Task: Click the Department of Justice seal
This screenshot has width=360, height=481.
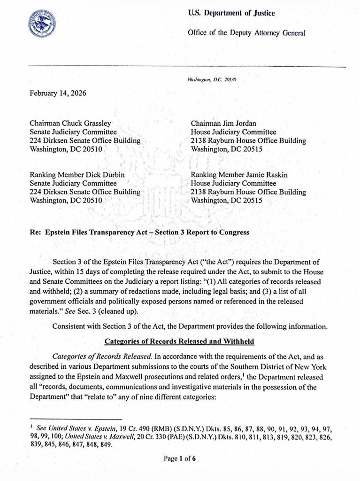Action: click(42, 24)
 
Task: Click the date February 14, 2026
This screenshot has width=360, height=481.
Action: click(58, 93)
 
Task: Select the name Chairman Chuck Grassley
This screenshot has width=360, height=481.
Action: click(70, 124)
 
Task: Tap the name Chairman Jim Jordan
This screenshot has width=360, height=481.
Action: click(223, 124)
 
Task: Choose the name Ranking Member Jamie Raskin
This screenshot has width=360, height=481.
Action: click(239, 175)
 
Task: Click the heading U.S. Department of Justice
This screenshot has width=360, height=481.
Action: click(231, 14)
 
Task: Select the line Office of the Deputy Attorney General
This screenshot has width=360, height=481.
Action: click(246, 33)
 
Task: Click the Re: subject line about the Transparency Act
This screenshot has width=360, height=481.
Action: click(139, 232)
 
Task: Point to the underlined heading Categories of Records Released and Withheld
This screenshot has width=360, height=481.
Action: click(179, 341)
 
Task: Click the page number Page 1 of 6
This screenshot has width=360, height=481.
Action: click(180, 459)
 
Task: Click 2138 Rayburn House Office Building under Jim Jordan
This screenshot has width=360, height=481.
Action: click(248, 140)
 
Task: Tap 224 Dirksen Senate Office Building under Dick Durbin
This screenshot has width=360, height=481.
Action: click(84, 192)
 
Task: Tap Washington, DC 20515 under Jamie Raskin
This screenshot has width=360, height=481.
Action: click(226, 200)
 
